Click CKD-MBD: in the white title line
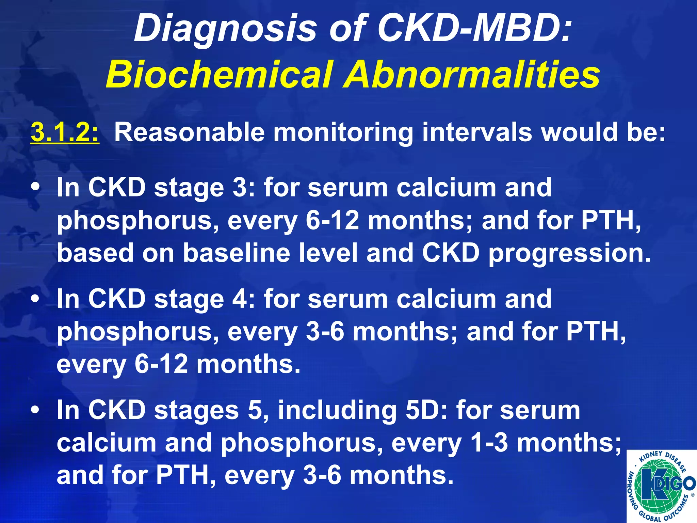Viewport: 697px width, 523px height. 473,29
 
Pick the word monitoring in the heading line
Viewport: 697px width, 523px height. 343,133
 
